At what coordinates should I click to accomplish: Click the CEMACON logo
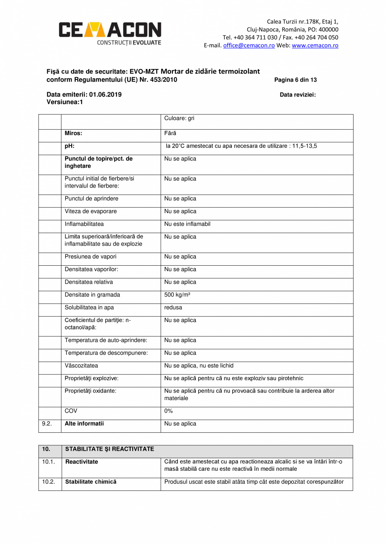tap(110, 32)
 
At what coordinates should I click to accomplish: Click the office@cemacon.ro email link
tap(249, 46)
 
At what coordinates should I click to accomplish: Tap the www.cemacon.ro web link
tap(315, 46)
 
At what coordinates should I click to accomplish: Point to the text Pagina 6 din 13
tap(295, 80)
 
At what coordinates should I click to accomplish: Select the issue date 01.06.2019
tap(105, 95)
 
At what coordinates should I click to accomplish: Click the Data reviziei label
tap(298, 95)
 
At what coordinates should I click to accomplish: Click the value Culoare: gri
tap(179, 118)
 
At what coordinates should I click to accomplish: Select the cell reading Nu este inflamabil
tap(187, 224)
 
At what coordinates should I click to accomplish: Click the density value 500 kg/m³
tap(177, 295)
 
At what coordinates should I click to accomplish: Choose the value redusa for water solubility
tap(173, 308)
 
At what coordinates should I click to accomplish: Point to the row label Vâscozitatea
tap(81, 365)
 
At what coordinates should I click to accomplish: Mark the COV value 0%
tap(168, 411)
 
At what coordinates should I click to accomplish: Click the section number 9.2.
tap(46, 423)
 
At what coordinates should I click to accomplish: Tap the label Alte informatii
tap(84, 423)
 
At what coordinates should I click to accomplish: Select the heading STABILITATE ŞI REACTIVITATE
tap(109, 449)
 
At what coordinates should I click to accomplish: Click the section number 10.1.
tap(48, 462)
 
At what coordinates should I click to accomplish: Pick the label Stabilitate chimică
tap(90, 482)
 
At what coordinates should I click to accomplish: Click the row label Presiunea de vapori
tap(90, 257)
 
